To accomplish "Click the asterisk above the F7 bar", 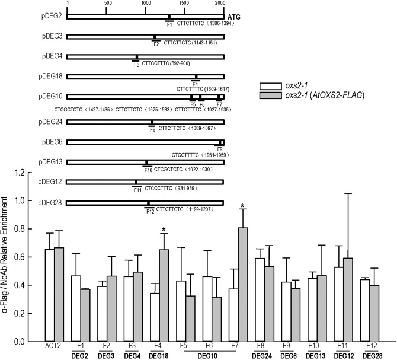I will pos(242,207).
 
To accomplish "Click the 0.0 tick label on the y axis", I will pos(21,342).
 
